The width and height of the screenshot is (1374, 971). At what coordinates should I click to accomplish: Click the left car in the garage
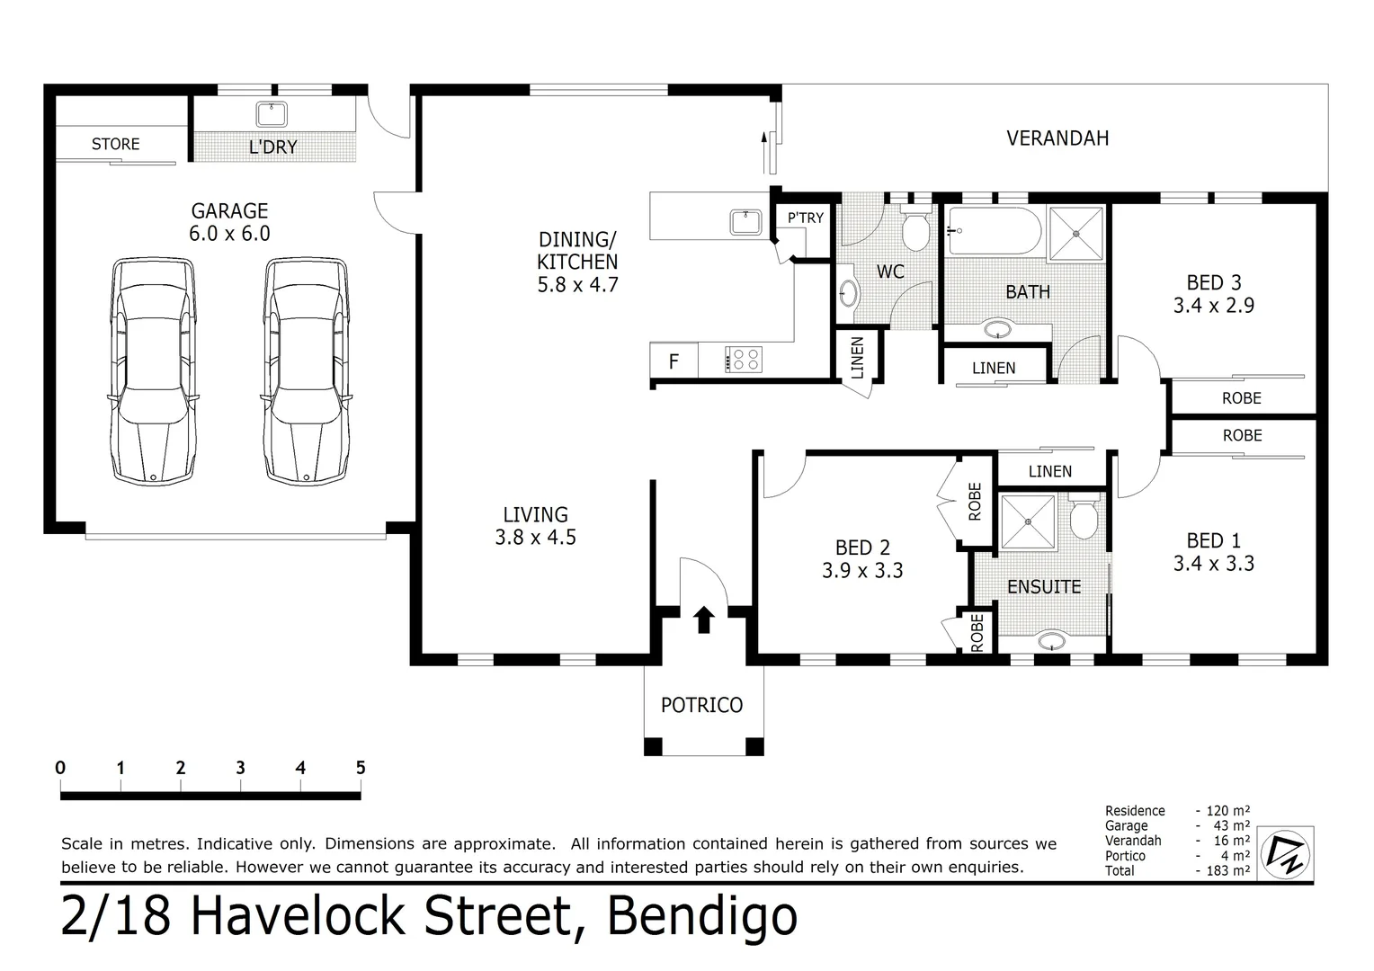pyautogui.click(x=154, y=371)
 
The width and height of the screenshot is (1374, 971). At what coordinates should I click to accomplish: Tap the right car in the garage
pyautogui.click(x=307, y=371)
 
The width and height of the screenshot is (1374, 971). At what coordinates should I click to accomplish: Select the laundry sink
pyautogui.click(x=272, y=114)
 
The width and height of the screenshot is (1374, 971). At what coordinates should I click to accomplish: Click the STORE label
pyautogui.click(x=115, y=144)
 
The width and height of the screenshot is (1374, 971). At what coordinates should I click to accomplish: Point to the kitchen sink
pyautogui.click(x=745, y=222)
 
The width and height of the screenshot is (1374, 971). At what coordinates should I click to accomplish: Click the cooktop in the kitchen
pyautogui.click(x=744, y=360)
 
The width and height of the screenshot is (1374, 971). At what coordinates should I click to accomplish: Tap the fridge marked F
pyautogui.click(x=674, y=361)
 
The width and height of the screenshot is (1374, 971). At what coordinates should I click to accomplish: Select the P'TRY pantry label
pyautogui.click(x=806, y=218)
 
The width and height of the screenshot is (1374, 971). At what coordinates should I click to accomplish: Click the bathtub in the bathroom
pyautogui.click(x=994, y=231)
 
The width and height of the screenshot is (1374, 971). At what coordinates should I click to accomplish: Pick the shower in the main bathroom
pyautogui.click(x=1076, y=234)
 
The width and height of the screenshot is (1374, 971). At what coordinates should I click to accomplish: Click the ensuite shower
pyautogui.click(x=1028, y=521)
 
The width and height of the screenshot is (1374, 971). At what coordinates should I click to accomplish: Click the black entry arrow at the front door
pyautogui.click(x=703, y=619)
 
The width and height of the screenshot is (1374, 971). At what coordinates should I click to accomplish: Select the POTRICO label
pyautogui.click(x=701, y=706)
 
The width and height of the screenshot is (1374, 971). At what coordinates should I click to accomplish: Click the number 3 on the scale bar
pyautogui.click(x=240, y=767)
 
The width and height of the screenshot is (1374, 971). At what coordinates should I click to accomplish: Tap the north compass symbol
pyautogui.click(x=1285, y=854)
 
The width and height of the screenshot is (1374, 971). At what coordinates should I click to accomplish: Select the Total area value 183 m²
pyautogui.click(x=1228, y=870)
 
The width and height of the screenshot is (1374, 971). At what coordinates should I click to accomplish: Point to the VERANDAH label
pyautogui.click(x=1057, y=138)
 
